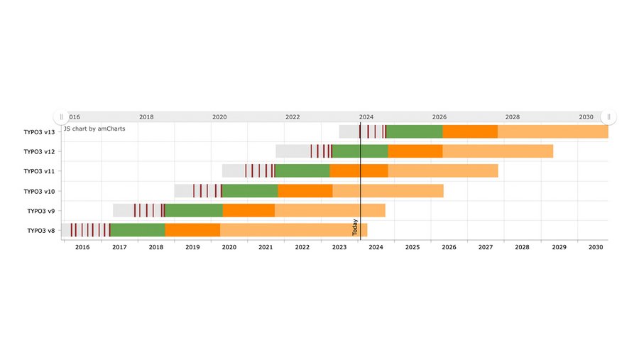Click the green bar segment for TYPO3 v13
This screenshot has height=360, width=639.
pyautogui.click(x=414, y=131)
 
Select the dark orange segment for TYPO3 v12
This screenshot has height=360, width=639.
pyautogui.click(x=415, y=151)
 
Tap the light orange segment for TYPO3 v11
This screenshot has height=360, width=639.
pyautogui.click(x=443, y=170)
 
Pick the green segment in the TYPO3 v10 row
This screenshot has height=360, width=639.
pyautogui.click(x=250, y=190)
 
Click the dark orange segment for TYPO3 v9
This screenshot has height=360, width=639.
pyautogui.click(x=248, y=210)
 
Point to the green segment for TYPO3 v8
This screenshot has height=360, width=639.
pyautogui.click(x=138, y=230)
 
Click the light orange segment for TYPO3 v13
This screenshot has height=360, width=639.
pyautogui.click(x=552, y=131)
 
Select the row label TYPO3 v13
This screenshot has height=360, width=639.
pyautogui.click(x=39, y=131)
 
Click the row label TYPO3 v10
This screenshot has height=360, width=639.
pyautogui.click(x=39, y=191)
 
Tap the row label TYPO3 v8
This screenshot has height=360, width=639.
pyautogui.click(x=40, y=231)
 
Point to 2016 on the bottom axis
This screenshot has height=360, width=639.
pyautogui.click(x=82, y=247)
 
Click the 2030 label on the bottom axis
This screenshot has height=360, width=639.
pyautogui.click(x=596, y=247)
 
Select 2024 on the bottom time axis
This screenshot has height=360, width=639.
pyautogui.click(x=376, y=247)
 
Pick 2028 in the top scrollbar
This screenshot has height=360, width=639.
pyautogui.click(x=513, y=117)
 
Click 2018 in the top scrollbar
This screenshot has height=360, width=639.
pyautogui.click(x=146, y=117)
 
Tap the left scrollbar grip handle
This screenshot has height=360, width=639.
pyautogui.click(x=61, y=116)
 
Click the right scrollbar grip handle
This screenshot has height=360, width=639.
pyautogui.click(x=608, y=116)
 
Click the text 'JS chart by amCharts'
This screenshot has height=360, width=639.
pyautogui.click(x=94, y=129)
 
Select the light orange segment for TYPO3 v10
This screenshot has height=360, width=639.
pyautogui.click(x=388, y=190)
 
